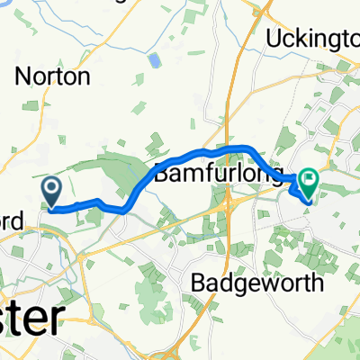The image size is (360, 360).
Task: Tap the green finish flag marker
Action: [308, 184]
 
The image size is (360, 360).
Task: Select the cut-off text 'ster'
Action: [31, 320]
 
